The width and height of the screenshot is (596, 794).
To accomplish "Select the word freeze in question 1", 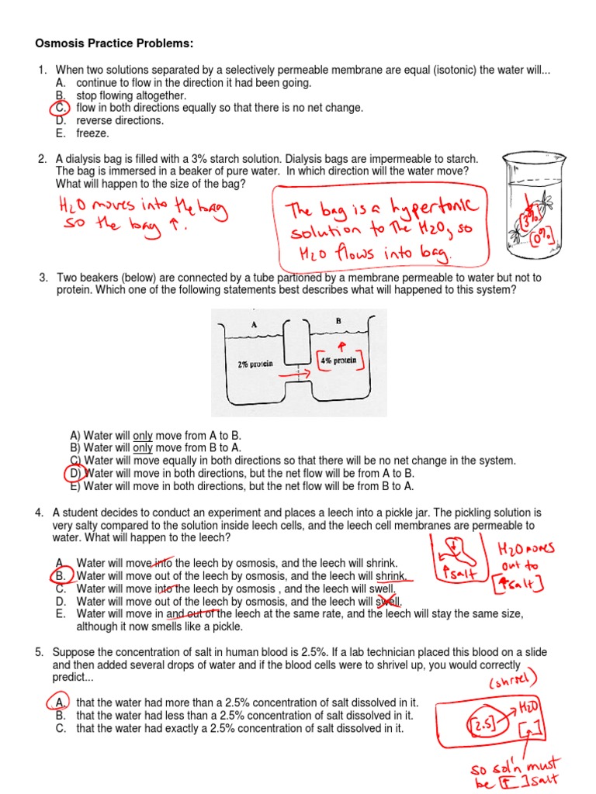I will point(92,133).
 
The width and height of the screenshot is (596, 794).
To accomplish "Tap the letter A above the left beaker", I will point(254,326).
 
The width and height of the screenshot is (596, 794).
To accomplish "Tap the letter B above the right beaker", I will point(338,319).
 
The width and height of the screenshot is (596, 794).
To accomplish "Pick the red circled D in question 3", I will point(74,473).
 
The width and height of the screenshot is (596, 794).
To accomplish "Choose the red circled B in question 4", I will point(61,576).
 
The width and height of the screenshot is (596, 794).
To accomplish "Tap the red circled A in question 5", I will point(61,703).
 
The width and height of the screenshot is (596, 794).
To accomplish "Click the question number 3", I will point(43,278).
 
